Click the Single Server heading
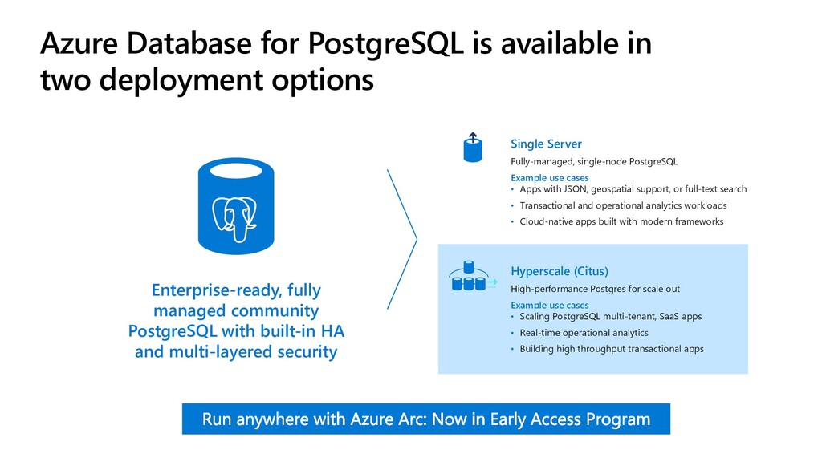click(x=546, y=144)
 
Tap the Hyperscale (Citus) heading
click(x=560, y=271)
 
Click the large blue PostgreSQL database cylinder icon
click(x=236, y=206)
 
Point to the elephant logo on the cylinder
click(x=234, y=220)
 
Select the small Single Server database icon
click(x=472, y=148)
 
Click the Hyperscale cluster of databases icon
click(x=472, y=276)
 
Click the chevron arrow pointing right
click(x=402, y=239)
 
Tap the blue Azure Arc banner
click(x=425, y=419)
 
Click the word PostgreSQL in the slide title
click(x=385, y=43)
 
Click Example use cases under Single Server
click(x=549, y=178)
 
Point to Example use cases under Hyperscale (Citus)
click(x=549, y=306)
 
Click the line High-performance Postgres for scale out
click(x=595, y=289)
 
